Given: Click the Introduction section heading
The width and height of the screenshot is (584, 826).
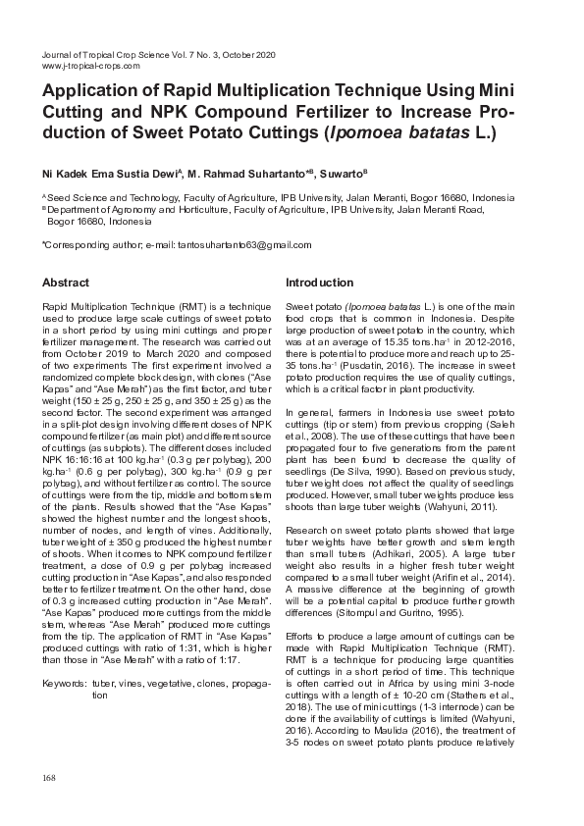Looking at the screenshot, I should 319,283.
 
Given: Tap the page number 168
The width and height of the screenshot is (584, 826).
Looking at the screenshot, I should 49,778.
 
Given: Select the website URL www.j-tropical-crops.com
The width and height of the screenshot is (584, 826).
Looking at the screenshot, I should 91,67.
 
